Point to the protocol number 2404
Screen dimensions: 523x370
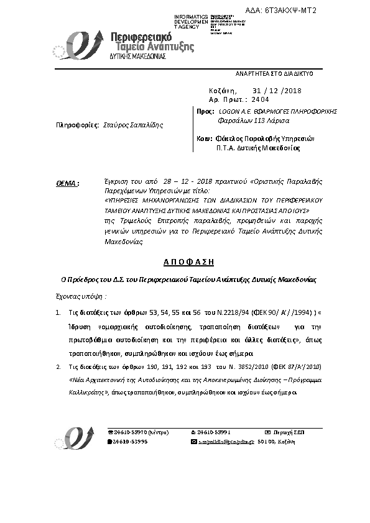260,99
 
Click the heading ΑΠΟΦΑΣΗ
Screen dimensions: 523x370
185,262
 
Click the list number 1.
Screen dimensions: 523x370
58,314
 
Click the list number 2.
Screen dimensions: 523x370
58,366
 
